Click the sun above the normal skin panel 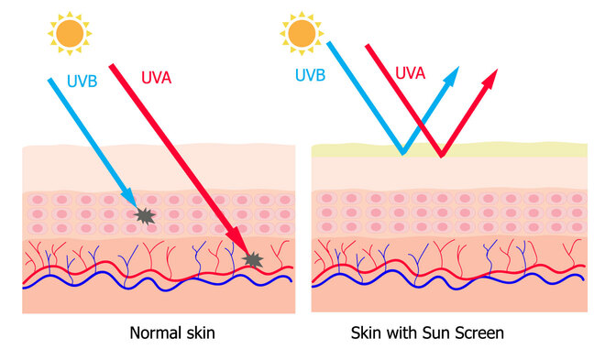click(x=69, y=33)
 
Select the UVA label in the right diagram click(x=410, y=71)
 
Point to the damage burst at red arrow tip click(x=253, y=261)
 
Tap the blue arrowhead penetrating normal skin click(x=132, y=202)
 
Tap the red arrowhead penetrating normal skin click(x=239, y=244)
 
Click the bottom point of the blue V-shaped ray click(x=401, y=151)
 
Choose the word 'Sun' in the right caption click(x=434, y=333)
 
